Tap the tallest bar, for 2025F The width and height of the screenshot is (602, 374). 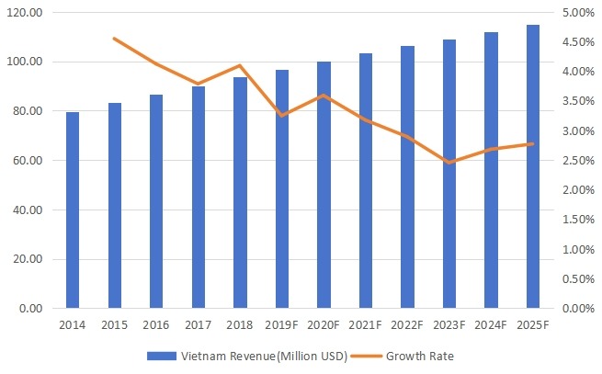pyautogui.click(x=532, y=166)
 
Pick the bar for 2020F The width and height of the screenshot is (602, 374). pyautogui.click(x=324, y=185)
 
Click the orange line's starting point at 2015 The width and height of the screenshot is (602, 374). pyautogui.click(x=114, y=39)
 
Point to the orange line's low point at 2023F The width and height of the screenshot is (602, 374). pyautogui.click(x=449, y=163)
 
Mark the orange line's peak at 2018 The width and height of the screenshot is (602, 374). pyautogui.click(x=240, y=65)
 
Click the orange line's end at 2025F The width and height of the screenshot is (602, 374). pyautogui.click(x=532, y=143)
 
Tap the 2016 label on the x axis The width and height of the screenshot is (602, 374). pyautogui.click(x=156, y=325)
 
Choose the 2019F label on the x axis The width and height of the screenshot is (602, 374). pyautogui.click(x=281, y=325)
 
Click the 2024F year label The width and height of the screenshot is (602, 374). pyautogui.click(x=491, y=325)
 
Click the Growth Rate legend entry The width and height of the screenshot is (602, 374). pyautogui.click(x=414, y=356)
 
